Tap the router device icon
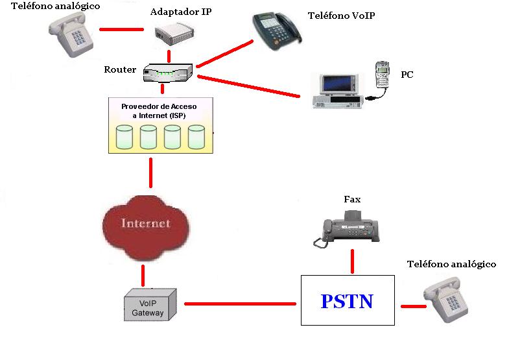pos(167,72)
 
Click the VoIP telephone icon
pos(277,32)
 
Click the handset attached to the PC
pos(383,77)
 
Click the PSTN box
pos(348,301)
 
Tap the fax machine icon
pos(350,230)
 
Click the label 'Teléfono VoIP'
pos(341,16)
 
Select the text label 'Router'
pos(120,69)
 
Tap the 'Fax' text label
pos(352,199)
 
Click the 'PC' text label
pos(407,75)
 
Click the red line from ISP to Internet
pos(151,171)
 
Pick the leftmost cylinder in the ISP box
pos(124,137)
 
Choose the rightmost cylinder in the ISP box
pos(196,137)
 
